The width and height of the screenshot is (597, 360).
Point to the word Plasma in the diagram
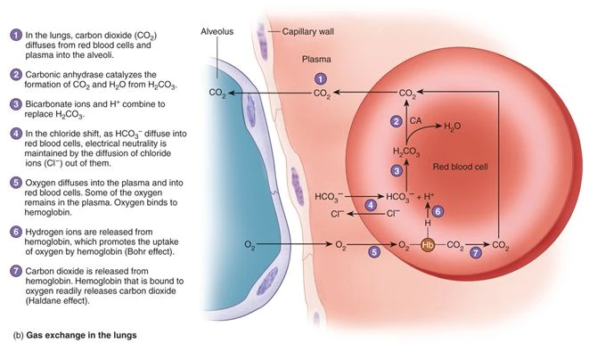click(x=311, y=58)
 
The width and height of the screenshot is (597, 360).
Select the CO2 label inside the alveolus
click(x=217, y=92)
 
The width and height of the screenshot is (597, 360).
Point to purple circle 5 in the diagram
click(x=375, y=253)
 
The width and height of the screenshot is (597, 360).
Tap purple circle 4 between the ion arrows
click(x=372, y=204)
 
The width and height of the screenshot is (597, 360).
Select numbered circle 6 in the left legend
click(x=15, y=231)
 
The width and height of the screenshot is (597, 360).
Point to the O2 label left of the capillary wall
click(x=251, y=242)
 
